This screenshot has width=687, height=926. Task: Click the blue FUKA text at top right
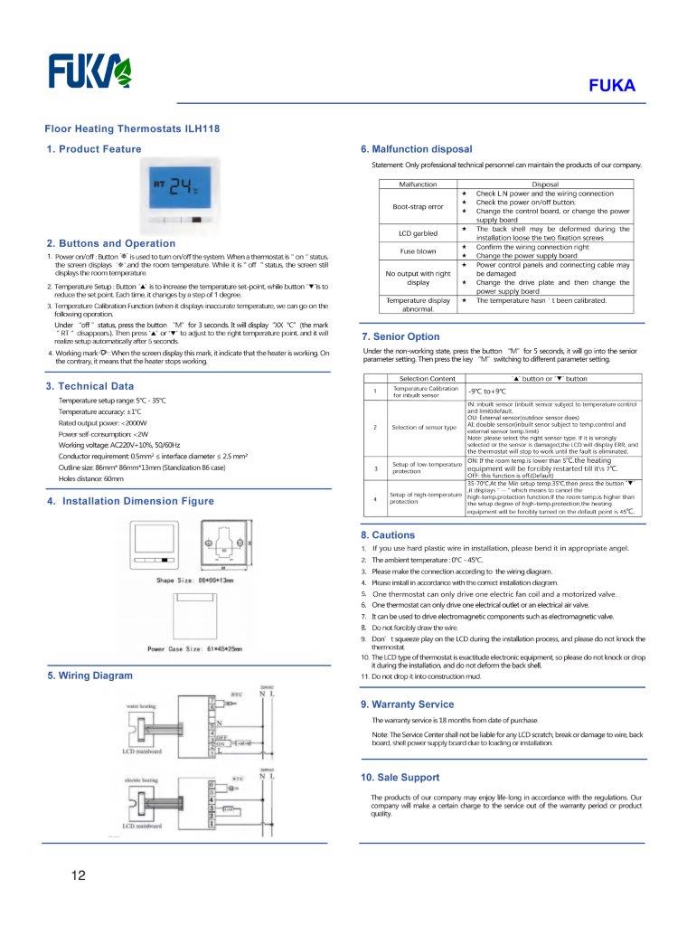pyautogui.click(x=613, y=87)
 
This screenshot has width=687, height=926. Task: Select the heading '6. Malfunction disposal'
pyautogui.click(x=416, y=149)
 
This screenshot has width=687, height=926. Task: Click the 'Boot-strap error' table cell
pyautogui.click(x=418, y=206)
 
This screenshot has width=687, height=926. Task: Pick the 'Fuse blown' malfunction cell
pyautogui.click(x=418, y=250)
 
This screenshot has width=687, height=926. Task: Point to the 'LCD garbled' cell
pyautogui.click(x=418, y=233)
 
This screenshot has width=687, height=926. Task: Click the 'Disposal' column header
pyautogui.click(x=544, y=184)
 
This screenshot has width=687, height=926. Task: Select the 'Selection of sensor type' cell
pyautogui.click(x=423, y=427)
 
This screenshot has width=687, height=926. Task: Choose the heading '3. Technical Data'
pyautogui.click(x=89, y=386)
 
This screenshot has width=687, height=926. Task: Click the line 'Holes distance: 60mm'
pyautogui.click(x=90, y=478)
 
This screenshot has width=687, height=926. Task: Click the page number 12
pyautogui.click(x=79, y=875)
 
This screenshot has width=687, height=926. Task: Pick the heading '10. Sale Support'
pyautogui.click(x=400, y=777)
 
